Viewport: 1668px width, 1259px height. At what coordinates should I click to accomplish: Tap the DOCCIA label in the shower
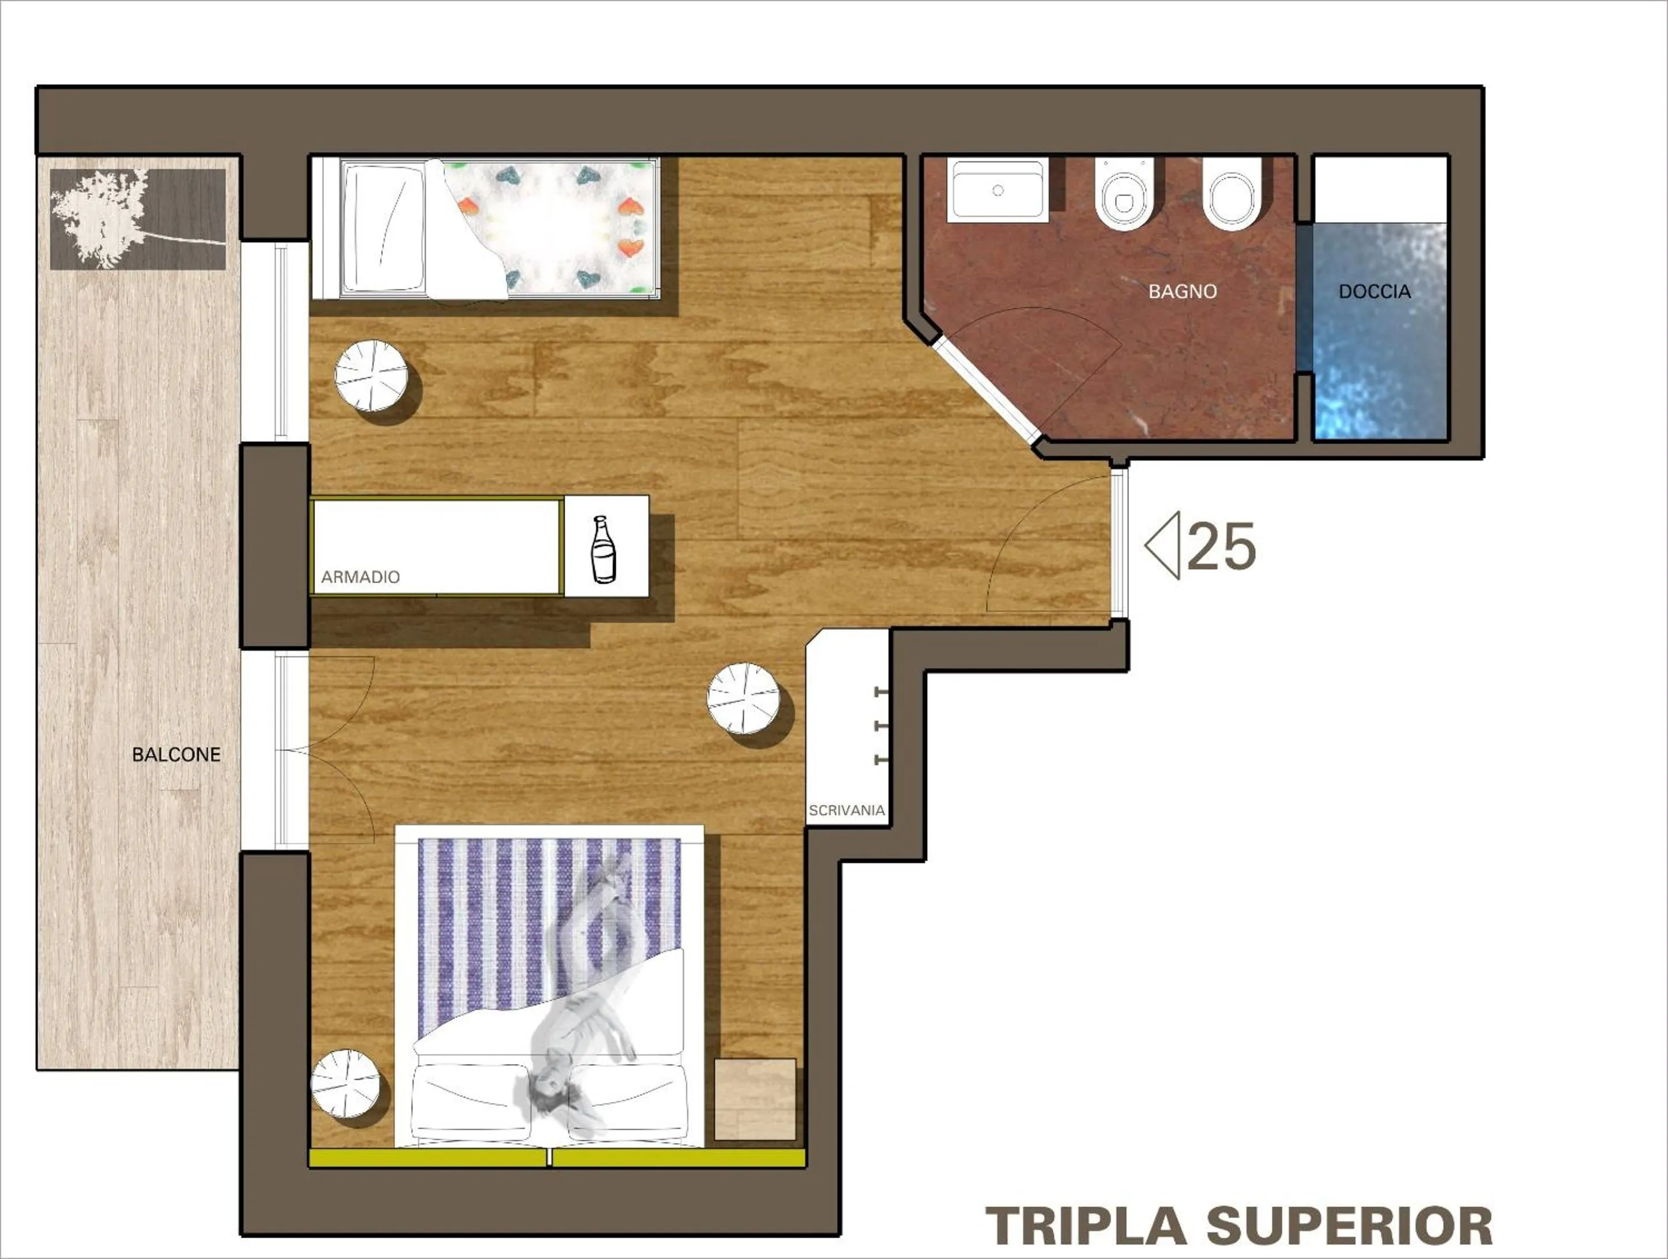coord(1374,291)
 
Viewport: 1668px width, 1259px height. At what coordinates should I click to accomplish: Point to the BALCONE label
coord(176,754)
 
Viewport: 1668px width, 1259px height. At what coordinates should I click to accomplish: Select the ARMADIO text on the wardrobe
coord(360,577)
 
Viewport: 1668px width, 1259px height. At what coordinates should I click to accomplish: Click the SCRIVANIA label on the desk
coord(846,810)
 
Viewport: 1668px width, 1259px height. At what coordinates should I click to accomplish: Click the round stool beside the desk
coord(744,698)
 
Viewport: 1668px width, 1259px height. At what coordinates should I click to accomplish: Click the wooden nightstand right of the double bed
coord(755,1099)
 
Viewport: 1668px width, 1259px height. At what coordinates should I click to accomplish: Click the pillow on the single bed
coord(383,228)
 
